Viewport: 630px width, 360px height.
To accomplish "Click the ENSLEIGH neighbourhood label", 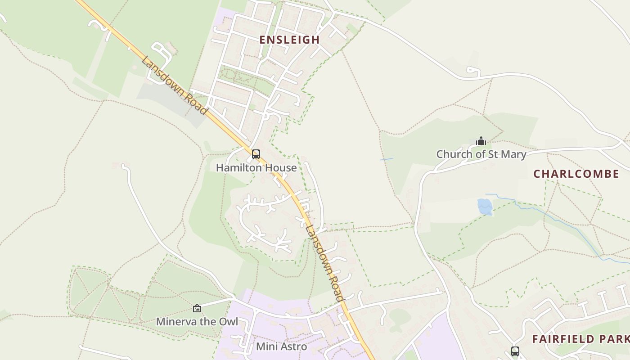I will [x=290, y=40].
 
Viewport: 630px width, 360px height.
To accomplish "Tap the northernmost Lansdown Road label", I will [x=175, y=85].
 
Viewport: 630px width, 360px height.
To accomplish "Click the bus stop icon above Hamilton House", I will [x=256, y=154].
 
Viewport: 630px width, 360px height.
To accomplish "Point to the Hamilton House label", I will [x=256, y=168].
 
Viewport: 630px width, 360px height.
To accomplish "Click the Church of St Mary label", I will [x=481, y=154].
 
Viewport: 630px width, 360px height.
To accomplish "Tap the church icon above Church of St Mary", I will [x=481, y=141].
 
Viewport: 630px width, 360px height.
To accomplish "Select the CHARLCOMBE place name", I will [x=576, y=174].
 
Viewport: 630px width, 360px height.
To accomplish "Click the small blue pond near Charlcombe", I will [x=485, y=207].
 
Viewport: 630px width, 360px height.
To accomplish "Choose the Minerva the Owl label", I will [x=197, y=322].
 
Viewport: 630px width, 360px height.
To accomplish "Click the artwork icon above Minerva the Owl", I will [x=197, y=308].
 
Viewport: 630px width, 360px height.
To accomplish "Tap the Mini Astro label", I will [x=281, y=346].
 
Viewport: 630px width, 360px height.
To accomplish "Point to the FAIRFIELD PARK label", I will [x=580, y=339].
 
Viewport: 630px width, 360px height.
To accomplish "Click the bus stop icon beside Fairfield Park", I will [x=515, y=351].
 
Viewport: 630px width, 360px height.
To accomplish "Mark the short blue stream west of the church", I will [x=387, y=159].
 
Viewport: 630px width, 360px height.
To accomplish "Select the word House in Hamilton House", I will [x=281, y=168].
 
